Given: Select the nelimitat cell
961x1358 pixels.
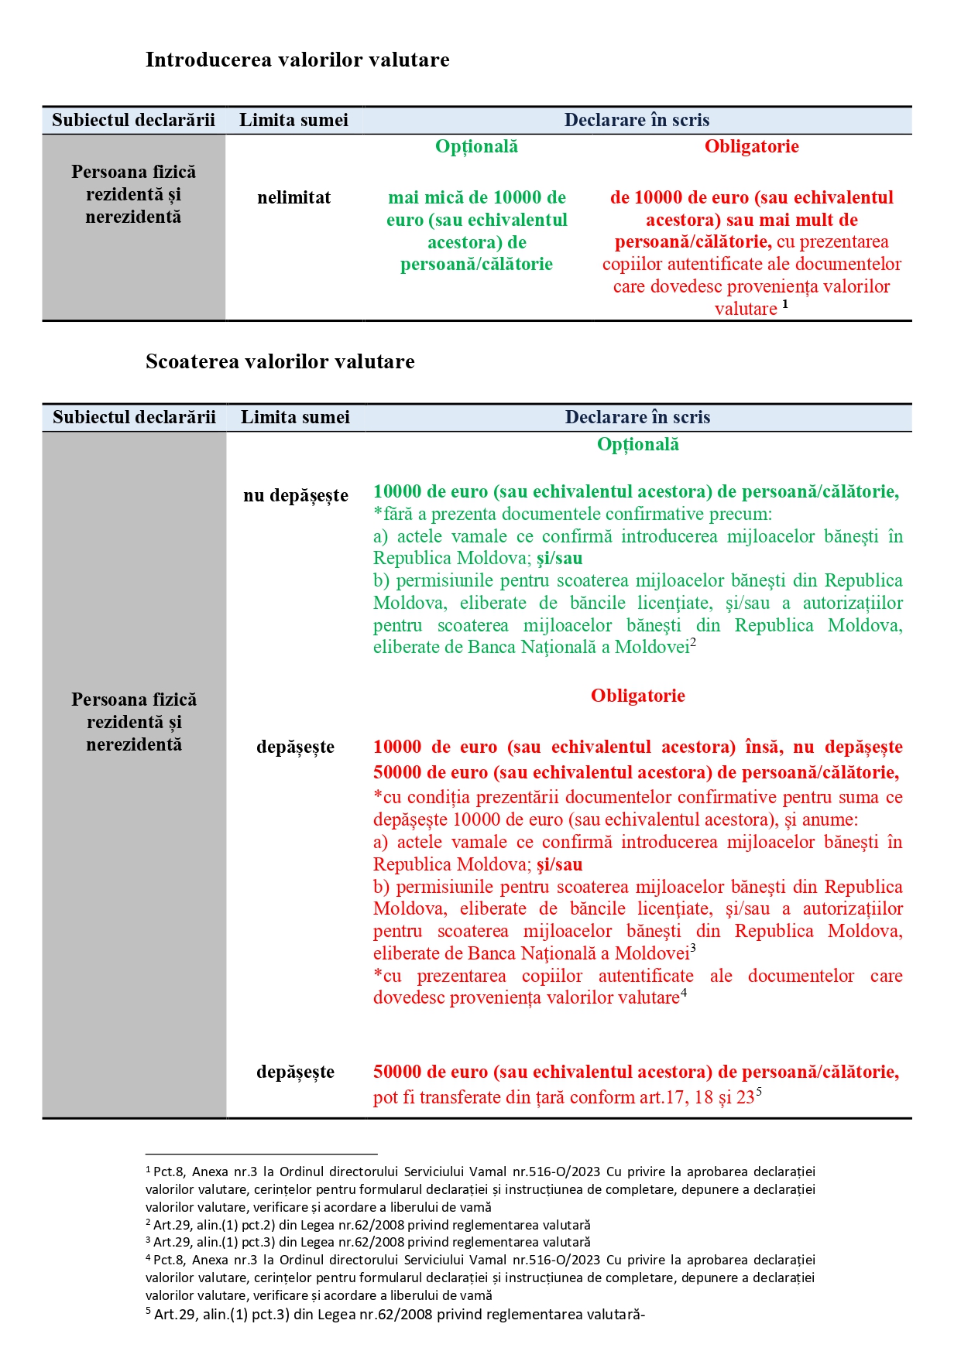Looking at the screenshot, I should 293,198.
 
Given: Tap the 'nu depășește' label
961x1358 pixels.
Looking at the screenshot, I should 295,496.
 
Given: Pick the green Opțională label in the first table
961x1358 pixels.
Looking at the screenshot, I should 476,147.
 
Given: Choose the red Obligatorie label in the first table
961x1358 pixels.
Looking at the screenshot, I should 751,147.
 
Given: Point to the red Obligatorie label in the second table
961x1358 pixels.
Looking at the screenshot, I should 637,696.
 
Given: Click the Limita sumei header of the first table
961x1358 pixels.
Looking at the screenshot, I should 293,121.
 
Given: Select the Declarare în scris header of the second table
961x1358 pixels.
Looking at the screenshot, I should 637,418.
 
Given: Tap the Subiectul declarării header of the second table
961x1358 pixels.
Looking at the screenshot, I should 134,418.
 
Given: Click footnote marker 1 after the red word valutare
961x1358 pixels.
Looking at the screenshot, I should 785,304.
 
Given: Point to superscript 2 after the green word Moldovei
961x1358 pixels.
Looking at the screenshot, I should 694,642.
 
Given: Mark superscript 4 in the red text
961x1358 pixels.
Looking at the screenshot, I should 684,993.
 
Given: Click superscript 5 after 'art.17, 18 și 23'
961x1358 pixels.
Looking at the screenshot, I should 759,1092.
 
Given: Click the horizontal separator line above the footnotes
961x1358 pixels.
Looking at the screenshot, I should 261,1154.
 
